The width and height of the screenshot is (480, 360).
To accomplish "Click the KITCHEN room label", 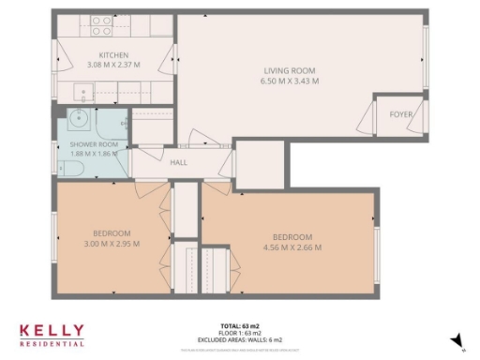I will [x=112, y=55].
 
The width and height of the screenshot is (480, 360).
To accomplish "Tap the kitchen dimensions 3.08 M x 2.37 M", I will [x=112, y=65].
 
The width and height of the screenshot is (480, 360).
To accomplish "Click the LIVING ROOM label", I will [x=289, y=71].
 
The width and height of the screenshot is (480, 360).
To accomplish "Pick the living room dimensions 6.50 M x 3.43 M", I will [x=289, y=82].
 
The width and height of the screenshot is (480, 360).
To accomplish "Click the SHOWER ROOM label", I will [x=94, y=144].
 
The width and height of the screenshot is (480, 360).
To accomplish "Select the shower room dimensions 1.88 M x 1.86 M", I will [x=94, y=153].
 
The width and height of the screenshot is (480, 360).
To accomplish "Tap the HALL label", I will [x=178, y=162].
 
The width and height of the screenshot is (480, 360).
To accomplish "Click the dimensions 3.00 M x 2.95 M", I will [x=112, y=244].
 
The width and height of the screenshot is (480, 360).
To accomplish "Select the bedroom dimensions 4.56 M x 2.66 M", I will [x=291, y=247].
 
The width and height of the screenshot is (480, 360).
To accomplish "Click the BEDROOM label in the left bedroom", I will [x=112, y=233].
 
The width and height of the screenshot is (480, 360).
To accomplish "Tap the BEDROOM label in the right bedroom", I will [x=291, y=237].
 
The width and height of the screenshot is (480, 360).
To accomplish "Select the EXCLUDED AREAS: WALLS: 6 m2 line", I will [x=242, y=338].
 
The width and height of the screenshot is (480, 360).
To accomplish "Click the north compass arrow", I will [x=457, y=341].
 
